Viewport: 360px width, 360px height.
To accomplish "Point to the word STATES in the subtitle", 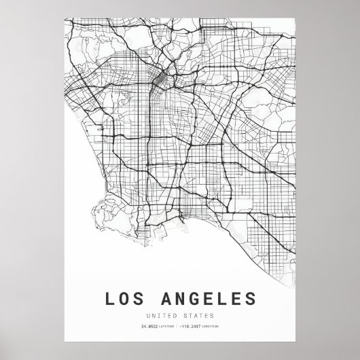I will (198, 315).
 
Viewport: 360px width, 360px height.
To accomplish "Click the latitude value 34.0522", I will (149, 329).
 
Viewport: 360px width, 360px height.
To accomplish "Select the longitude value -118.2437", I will (193, 329).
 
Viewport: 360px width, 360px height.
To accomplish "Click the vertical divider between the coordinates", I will (179, 329).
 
